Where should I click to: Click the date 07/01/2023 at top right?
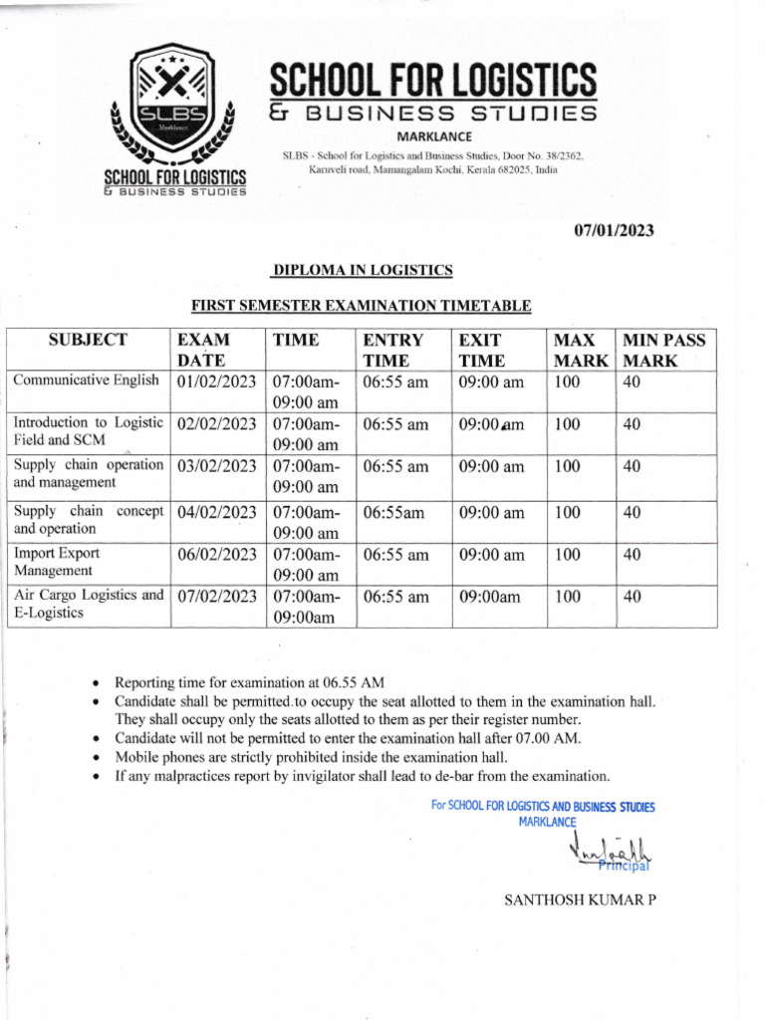pos(614,231)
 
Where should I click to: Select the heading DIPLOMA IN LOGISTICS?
pos(364,270)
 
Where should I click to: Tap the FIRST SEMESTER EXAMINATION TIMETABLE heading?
pos(361,307)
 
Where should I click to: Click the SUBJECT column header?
pos(88,341)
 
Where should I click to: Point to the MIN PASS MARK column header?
pos(662,350)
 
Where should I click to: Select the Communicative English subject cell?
pos(86,380)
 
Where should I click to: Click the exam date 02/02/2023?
pos(216,424)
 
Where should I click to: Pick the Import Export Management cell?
pos(57,562)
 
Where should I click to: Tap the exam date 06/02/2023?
pos(216,555)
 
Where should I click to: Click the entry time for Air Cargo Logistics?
pos(395,598)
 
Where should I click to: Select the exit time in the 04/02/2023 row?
pos(491,513)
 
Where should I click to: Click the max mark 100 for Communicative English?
pos(567,382)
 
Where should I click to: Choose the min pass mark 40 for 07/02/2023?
pos(632,598)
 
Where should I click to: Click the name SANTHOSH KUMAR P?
pos(581,900)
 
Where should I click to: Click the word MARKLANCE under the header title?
pos(434,136)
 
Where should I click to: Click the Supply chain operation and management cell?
pos(88,473)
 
